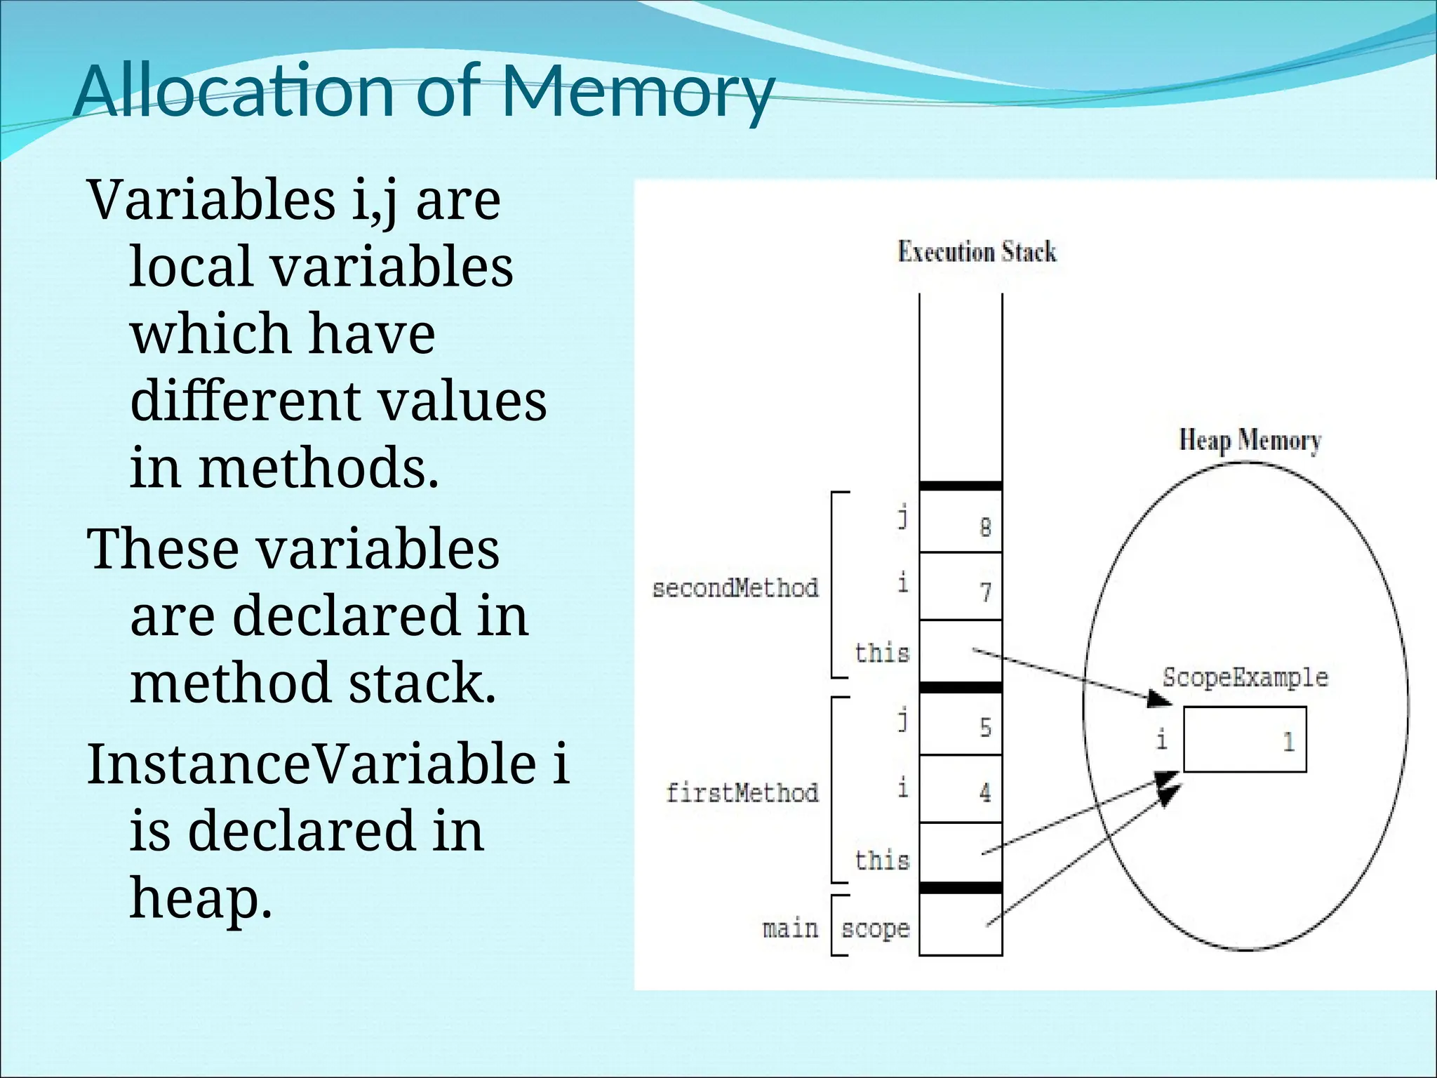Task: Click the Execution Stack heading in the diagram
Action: (x=977, y=251)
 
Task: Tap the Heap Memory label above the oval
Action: (x=1250, y=441)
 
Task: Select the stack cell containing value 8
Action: (x=960, y=521)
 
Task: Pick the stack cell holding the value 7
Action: (x=960, y=587)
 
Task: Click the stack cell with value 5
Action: (x=960, y=723)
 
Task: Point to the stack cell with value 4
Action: (x=960, y=790)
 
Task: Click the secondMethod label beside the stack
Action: (x=735, y=588)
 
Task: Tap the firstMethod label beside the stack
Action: (x=742, y=793)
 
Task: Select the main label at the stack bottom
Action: (x=790, y=929)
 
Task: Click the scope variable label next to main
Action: (x=875, y=929)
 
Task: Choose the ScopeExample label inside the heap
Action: (x=1245, y=677)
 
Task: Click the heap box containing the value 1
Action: (x=1245, y=740)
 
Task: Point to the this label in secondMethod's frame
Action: (x=881, y=653)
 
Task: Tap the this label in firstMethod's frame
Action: (x=881, y=860)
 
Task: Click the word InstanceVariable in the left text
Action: (x=312, y=764)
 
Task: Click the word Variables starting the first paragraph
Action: (x=211, y=199)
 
